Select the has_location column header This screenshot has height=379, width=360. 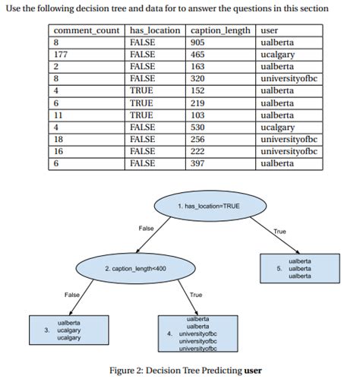click(155, 31)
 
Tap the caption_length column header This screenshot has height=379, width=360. click(219, 31)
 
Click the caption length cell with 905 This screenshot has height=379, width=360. click(199, 43)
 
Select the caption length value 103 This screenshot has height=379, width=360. click(199, 115)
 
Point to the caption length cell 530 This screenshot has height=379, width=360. click(199, 127)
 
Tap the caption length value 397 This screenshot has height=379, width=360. click(199, 163)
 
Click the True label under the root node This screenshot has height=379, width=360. click(279, 232)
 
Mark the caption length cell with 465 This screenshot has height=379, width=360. click(199, 55)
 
